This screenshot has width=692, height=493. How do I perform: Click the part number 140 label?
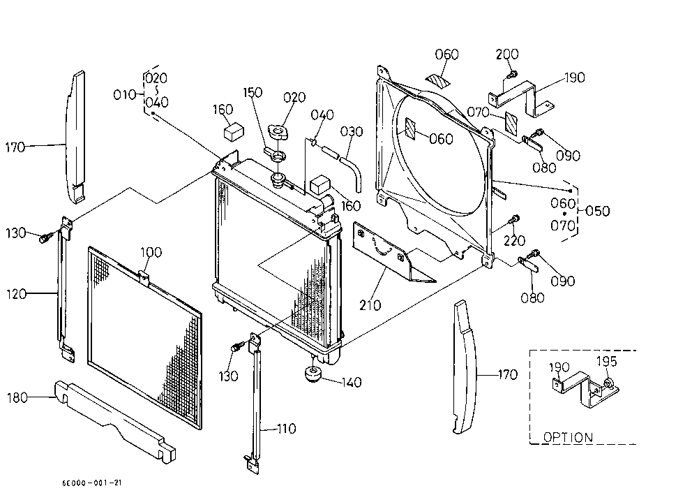point(352,382)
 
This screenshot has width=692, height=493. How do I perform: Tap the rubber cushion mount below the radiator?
point(313,374)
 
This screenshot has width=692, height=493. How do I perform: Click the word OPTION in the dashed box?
point(568,437)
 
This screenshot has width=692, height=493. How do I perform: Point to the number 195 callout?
point(606,361)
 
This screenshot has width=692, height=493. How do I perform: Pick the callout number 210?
point(370,305)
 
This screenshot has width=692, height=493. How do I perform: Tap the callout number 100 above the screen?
point(151,252)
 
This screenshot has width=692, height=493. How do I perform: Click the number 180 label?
point(17,398)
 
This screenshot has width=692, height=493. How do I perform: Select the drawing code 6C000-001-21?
point(92,483)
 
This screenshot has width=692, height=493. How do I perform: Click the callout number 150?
point(253,92)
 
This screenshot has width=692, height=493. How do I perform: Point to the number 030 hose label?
point(352,132)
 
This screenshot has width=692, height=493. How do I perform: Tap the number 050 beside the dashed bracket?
point(598,211)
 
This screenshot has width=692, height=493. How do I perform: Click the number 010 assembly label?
point(124,94)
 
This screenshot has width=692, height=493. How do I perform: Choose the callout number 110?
point(287,429)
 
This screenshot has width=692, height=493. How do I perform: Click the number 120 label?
point(16,294)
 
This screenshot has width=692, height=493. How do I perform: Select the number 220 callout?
point(515,240)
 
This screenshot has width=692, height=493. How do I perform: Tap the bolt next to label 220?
point(514,219)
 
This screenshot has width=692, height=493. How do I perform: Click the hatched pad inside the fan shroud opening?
point(410,128)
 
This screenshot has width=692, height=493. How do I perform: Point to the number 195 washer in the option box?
point(608,383)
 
